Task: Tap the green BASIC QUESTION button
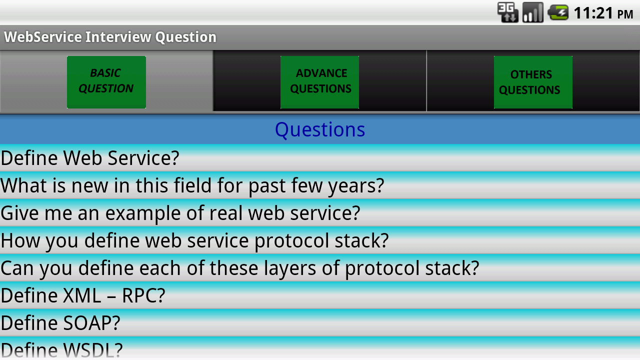106,82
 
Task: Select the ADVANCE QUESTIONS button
319,82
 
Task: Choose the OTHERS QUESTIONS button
533,82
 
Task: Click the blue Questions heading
320,130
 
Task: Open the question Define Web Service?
90,158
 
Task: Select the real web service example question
180,213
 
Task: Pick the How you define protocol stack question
194,241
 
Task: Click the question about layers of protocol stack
239,268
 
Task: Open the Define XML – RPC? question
83,295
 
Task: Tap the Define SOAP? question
60,323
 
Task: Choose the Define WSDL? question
61,349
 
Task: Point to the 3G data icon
507,12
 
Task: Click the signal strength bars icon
533,12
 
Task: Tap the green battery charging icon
558,12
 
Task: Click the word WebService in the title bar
43,37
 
